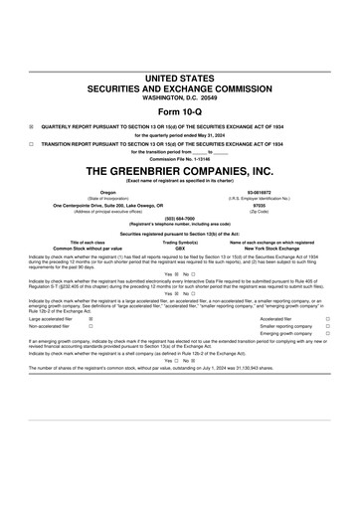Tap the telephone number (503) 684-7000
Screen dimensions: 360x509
[180, 219]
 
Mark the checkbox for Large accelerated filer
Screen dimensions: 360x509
[90, 319]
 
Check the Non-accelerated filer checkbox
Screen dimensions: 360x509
[90, 326]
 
